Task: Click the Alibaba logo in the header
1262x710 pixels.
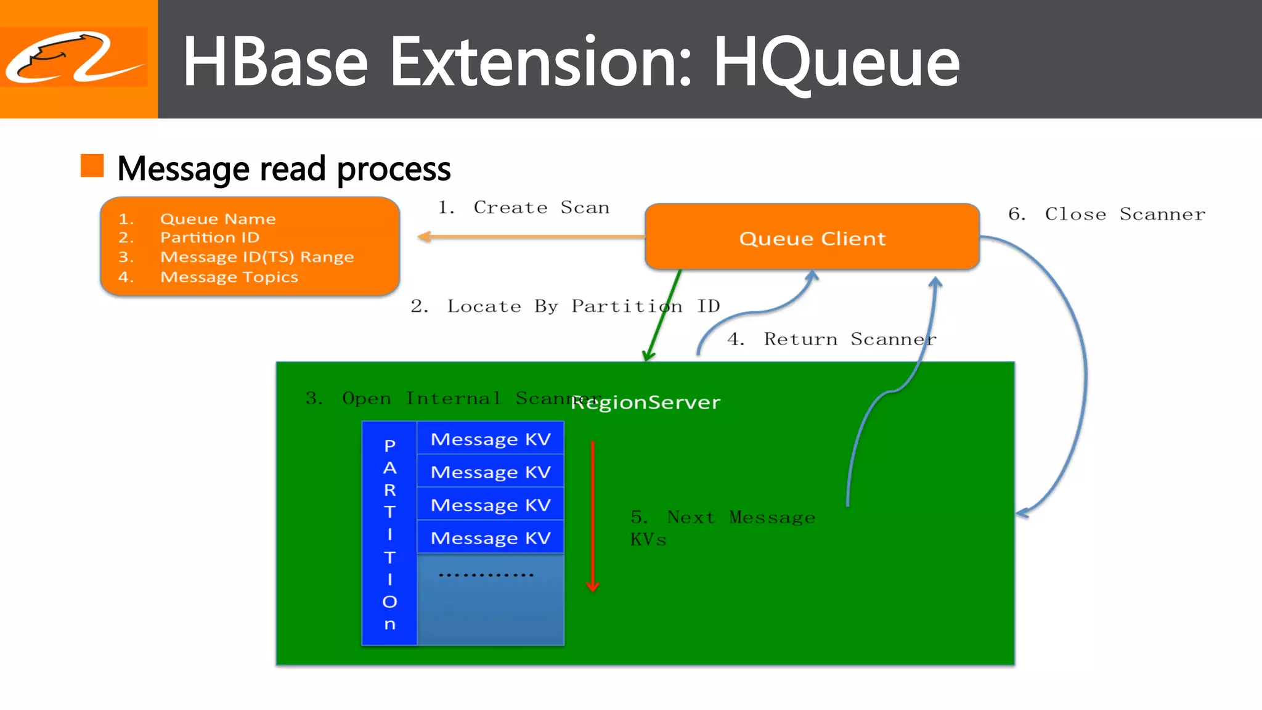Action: pos(75,57)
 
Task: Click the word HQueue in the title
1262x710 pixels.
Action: pos(836,62)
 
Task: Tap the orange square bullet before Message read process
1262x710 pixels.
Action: pos(92,166)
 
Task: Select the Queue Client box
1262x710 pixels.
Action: pos(812,237)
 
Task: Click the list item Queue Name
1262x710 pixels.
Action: pos(218,219)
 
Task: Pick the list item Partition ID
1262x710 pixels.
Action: pos(210,237)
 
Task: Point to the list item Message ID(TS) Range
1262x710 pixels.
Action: pos(256,257)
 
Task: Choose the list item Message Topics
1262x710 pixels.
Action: pos(229,277)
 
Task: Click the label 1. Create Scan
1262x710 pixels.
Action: pos(523,208)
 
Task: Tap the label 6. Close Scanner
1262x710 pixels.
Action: pos(1106,214)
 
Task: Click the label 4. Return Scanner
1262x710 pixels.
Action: pos(831,339)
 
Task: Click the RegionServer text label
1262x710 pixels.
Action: pos(645,402)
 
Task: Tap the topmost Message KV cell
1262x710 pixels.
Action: pos(490,439)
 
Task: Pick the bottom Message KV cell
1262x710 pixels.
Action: pos(490,537)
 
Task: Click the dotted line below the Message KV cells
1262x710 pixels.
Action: pos(486,575)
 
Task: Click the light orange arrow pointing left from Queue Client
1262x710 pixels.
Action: pos(530,237)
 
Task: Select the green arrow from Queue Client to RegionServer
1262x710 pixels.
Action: pos(663,314)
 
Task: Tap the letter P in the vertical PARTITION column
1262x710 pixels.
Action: pos(389,445)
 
